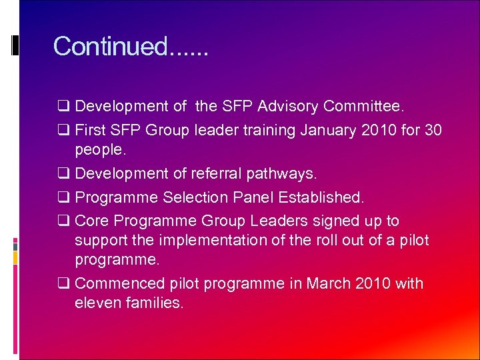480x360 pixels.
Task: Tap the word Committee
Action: [x=363, y=106]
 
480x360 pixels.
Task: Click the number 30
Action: [x=433, y=130]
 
